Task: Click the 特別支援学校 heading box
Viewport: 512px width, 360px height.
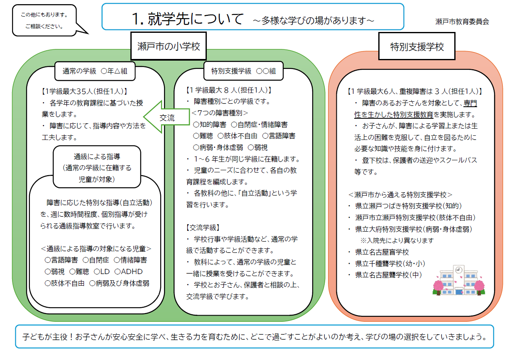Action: click(x=417, y=47)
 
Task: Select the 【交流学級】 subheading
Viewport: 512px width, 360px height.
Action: click(x=203, y=228)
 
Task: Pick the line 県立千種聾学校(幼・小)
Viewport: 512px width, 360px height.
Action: click(x=390, y=263)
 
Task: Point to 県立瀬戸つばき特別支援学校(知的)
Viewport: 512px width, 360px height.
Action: click(x=409, y=206)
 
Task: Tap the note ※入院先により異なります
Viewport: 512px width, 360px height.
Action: click(x=397, y=240)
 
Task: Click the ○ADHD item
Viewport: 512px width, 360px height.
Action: click(x=128, y=272)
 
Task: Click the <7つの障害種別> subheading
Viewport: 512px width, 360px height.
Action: click(x=220, y=113)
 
